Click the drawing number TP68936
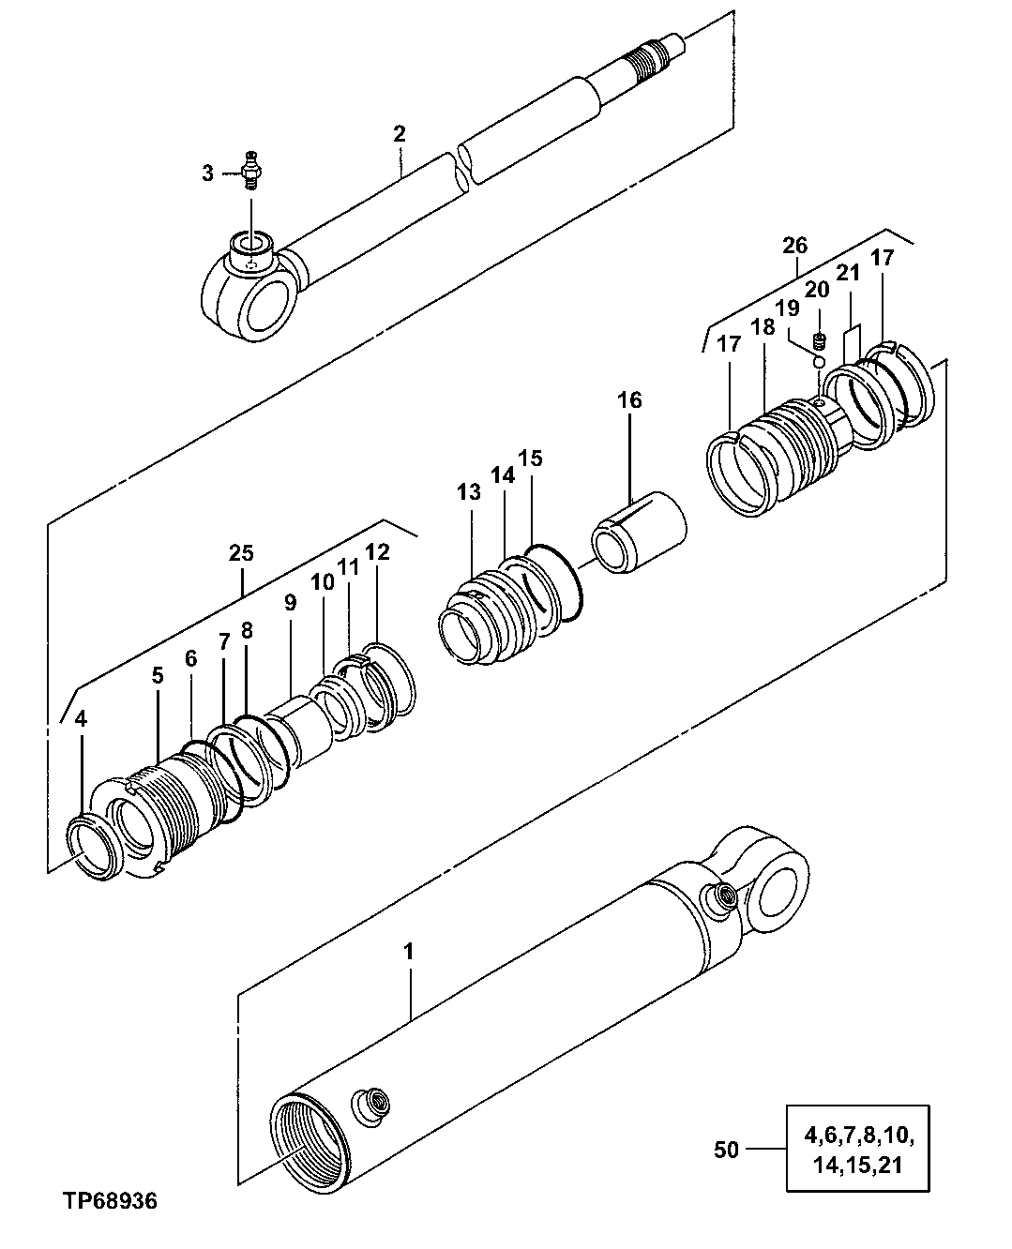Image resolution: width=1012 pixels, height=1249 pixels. click(110, 1200)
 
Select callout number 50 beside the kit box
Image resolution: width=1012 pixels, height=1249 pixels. click(726, 1149)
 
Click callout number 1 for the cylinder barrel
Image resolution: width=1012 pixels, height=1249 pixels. click(408, 951)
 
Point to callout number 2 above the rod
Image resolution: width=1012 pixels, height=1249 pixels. click(400, 134)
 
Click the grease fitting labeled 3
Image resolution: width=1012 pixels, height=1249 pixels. click(249, 172)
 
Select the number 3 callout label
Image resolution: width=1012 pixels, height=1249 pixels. click(207, 173)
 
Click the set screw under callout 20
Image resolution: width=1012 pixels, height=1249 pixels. click(818, 343)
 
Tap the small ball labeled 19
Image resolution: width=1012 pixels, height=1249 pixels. click(818, 362)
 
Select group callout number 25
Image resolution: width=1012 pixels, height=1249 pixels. click(241, 553)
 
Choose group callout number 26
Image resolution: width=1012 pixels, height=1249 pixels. click(794, 247)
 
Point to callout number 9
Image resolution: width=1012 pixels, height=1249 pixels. click(290, 602)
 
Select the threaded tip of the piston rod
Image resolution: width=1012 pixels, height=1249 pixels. click(653, 56)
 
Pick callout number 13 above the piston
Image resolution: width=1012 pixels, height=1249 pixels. click(469, 492)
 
